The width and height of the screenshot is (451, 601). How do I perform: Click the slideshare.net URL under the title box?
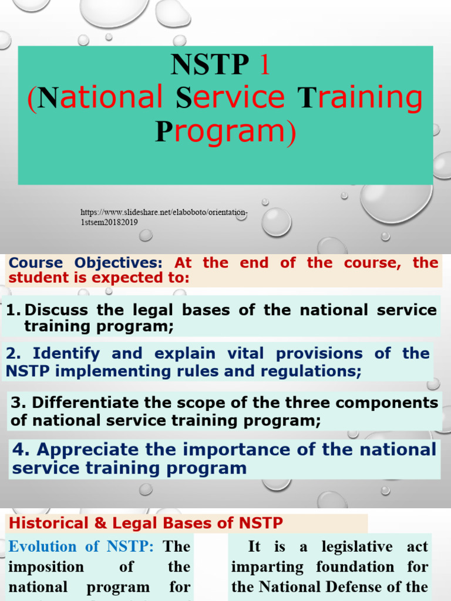click(164, 217)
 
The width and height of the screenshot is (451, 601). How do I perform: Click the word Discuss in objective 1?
click(56, 310)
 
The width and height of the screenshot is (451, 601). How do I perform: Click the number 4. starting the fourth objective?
click(21, 450)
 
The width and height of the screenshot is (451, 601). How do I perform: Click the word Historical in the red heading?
click(41, 522)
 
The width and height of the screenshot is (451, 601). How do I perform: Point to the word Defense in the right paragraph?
click(360, 587)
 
